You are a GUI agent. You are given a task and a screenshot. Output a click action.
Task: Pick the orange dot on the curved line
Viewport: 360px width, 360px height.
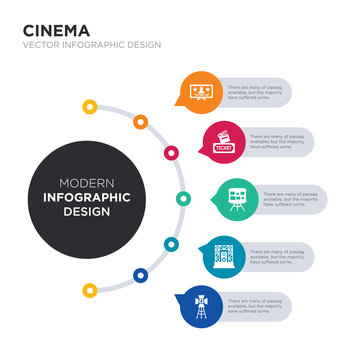point(141,122)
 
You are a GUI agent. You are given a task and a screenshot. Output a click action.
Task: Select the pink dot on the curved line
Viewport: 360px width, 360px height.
point(171,153)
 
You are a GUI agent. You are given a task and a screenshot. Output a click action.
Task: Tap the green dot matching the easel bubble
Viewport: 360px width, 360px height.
point(182,198)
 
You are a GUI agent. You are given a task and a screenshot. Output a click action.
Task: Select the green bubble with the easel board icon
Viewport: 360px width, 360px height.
point(234,197)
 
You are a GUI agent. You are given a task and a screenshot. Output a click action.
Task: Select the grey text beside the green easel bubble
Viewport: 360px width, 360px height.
point(294,197)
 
